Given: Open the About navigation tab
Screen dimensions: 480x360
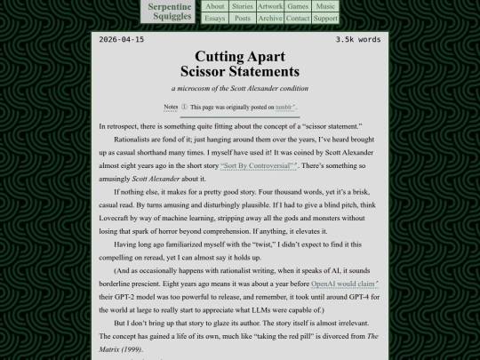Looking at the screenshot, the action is click(215, 6).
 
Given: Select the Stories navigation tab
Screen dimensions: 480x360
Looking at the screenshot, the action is click(243, 6).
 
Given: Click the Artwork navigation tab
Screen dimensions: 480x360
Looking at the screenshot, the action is click(270, 6).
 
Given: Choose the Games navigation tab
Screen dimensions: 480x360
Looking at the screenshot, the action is click(298, 6).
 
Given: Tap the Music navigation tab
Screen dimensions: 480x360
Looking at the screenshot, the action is click(325, 6).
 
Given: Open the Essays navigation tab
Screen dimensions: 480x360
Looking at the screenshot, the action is click(215, 18).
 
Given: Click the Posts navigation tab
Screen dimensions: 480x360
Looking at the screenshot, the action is click(243, 18).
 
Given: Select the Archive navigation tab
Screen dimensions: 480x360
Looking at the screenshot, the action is click(270, 18).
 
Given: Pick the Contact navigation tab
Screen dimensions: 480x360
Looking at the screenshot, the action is click(298, 18).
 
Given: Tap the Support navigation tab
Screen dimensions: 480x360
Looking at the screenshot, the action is click(325, 18).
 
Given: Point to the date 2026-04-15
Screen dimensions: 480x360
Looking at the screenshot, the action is click(122, 40).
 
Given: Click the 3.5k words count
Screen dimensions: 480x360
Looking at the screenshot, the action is click(358, 40).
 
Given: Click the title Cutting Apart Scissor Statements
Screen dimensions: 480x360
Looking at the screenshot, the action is click(240, 64).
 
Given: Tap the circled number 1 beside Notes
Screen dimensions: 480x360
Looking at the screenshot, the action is click(184, 107).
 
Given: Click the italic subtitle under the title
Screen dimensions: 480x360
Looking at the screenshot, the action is click(240, 88).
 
